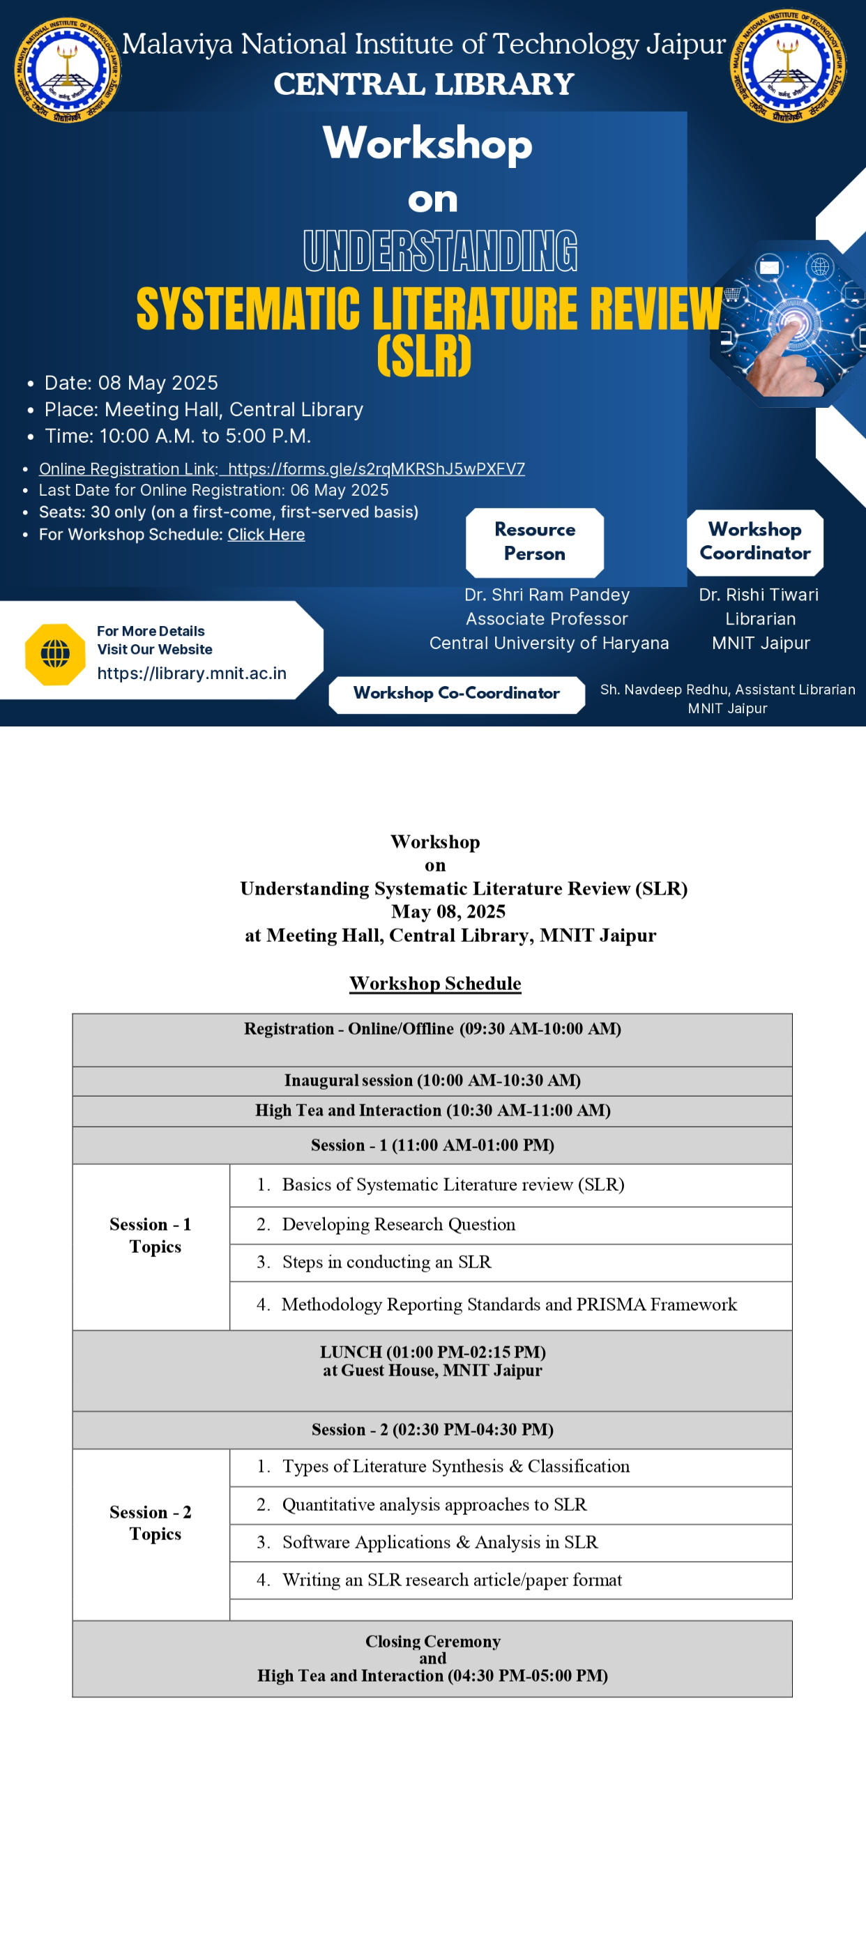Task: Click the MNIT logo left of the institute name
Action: pyautogui.click(x=67, y=70)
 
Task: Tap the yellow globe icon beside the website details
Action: pyautogui.click(x=55, y=654)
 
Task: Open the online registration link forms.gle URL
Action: pyautogui.click(x=377, y=469)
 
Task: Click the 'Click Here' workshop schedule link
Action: pyautogui.click(x=266, y=535)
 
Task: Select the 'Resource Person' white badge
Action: pyautogui.click(x=534, y=541)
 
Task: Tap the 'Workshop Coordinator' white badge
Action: pyautogui.click(x=754, y=541)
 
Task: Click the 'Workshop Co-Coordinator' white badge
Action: pyautogui.click(x=457, y=694)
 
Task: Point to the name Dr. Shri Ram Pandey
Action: pyautogui.click(x=547, y=595)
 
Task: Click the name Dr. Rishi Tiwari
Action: pyautogui.click(x=759, y=595)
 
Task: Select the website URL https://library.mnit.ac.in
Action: pyautogui.click(x=192, y=673)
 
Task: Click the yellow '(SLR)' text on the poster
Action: pyautogui.click(x=424, y=356)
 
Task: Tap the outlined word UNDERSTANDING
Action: pyautogui.click(x=440, y=250)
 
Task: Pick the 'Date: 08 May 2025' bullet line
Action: pyautogui.click(x=131, y=383)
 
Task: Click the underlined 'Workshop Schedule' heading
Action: pyautogui.click(x=435, y=983)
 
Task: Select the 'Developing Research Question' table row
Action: pyautogui.click(x=398, y=1224)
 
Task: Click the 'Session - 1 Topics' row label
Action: pyautogui.click(x=151, y=1235)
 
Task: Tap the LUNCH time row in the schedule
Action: pyautogui.click(x=432, y=1361)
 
